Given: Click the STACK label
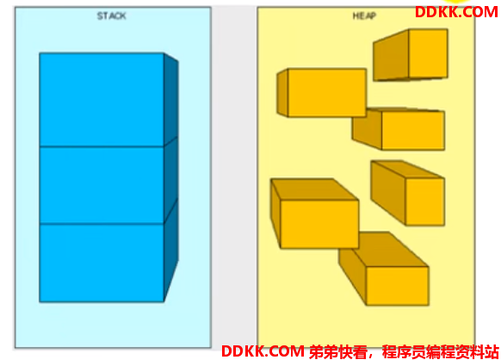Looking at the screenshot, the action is tap(112, 16).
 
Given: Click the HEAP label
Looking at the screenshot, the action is tap(364, 16).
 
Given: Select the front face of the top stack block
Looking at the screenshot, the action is tap(102, 100).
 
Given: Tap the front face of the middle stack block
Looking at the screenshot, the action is tap(102, 185).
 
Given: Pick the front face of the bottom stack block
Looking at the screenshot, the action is tap(102, 263).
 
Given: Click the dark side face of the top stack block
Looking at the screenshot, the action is tap(171, 100).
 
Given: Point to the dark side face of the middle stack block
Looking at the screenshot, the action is tap(171, 180).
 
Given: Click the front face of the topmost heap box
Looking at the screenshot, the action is tap(428, 53).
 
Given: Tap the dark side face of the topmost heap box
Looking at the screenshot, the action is tap(391, 55).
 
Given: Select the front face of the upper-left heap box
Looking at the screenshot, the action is tap(327, 93).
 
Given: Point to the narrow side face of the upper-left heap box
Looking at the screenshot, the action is tap(282, 93).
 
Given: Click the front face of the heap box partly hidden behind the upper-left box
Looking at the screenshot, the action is tap(413, 130).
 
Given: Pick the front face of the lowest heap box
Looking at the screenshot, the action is tap(398, 286).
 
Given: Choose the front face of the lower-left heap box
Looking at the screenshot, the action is tap(319, 224).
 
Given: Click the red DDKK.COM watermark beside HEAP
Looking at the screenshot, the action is tap(456, 12).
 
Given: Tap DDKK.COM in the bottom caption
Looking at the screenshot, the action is tap(263, 351).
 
